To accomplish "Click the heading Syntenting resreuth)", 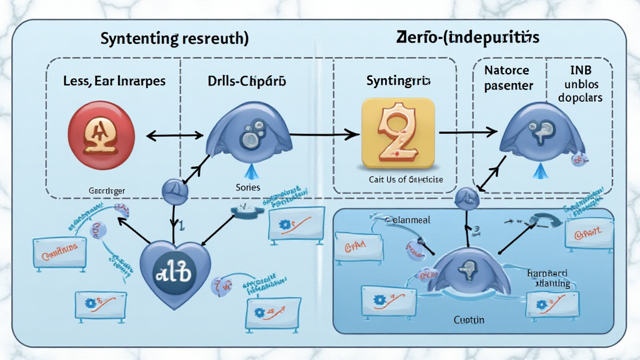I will [x=174, y=38].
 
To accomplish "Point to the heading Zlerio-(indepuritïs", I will [x=467, y=37].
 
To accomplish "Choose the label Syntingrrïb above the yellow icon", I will [x=395, y=81].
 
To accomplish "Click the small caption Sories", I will [x=248, y=187].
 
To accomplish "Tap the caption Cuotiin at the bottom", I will [x=469, y=319].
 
